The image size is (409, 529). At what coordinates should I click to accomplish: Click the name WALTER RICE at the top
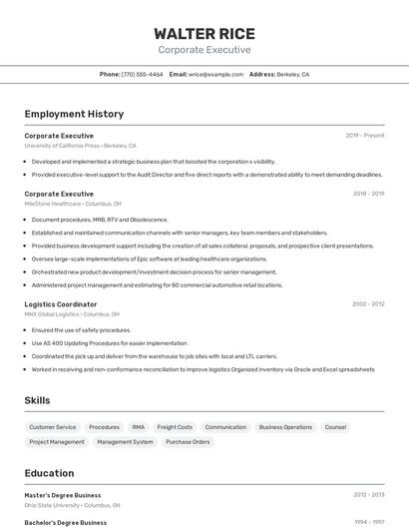204,33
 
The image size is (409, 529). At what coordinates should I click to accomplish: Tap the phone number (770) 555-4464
142,74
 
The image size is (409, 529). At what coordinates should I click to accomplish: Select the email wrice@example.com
215,74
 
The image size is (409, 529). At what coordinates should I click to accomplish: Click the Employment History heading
74,114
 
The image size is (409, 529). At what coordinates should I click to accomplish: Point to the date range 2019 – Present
365,135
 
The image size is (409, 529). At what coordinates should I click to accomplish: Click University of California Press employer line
80,146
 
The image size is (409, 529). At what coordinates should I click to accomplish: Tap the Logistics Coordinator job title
61,303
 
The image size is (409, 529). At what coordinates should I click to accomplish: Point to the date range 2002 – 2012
368,303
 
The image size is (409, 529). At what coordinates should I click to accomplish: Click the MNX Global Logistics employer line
72,314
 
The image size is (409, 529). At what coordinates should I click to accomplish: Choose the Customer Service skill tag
53,427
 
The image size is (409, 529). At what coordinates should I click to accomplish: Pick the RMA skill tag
138,427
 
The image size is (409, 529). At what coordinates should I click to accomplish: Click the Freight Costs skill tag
175,427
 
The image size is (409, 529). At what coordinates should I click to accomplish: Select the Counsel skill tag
335,427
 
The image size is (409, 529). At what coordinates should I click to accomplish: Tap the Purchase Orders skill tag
188,441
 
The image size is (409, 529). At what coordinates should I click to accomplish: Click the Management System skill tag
125,441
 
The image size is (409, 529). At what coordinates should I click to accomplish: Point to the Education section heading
49,473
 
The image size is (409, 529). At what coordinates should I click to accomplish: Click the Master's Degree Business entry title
63,495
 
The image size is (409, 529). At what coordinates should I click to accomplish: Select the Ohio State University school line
72,505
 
